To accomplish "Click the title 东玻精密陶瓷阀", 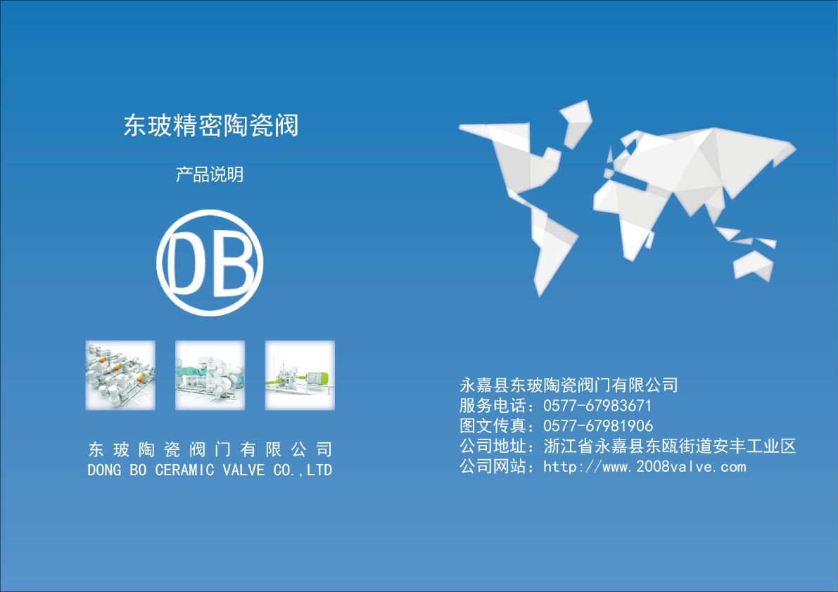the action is tap(211, 125).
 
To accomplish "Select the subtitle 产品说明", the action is tap(210, 174).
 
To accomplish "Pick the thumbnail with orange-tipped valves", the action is tap(120, 375).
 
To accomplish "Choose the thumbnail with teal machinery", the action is tap(210, 375).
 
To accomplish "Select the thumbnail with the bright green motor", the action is tap(300, 375).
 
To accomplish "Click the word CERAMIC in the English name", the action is tap(184, 470).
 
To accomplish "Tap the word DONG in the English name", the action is tap(104, 470).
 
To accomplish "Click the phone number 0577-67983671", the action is tap(597, 406).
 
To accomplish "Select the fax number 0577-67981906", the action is tap(598, 426).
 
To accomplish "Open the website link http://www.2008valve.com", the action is tap(645, 467).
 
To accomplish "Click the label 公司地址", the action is tap(493, 446).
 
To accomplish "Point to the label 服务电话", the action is tap(493, 406).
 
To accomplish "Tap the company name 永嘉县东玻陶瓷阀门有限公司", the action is tap(569, 385).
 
